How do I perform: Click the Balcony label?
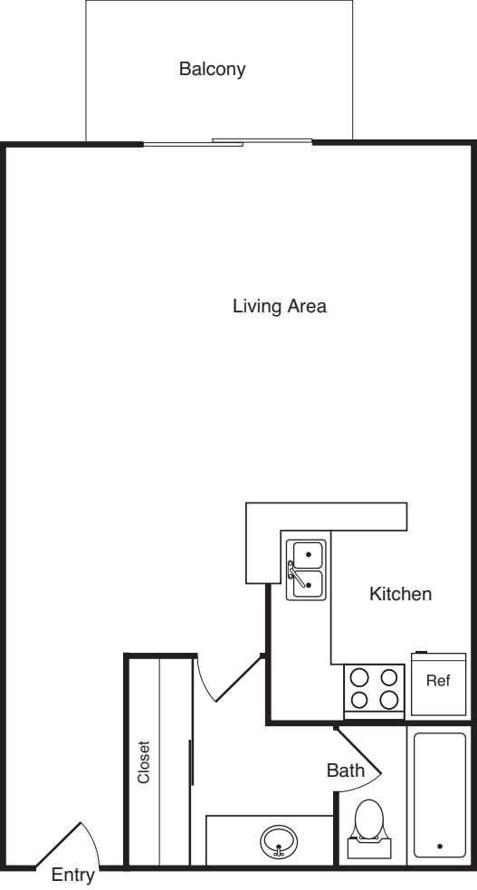tap(212, 69)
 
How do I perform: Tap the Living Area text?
tap(280, 307)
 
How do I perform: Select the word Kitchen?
tap(400, 594)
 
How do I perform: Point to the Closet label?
tap(144, 761)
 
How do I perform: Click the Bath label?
tap(346, 770)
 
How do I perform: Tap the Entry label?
tap(73, 876)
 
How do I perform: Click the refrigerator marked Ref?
tap(438, 684)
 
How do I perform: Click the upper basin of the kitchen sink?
tap(309, 554)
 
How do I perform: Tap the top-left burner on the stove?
tap(359, 678)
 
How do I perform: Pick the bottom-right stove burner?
tap(389, 700)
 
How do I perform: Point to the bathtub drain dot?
tap(440, 847)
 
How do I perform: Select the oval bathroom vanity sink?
tap(279, 840)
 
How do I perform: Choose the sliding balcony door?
tap(227, 142)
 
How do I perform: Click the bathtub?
tap(440, 795)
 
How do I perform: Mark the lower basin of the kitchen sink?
tap(309, 584)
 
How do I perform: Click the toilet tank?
tap(368, 848)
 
